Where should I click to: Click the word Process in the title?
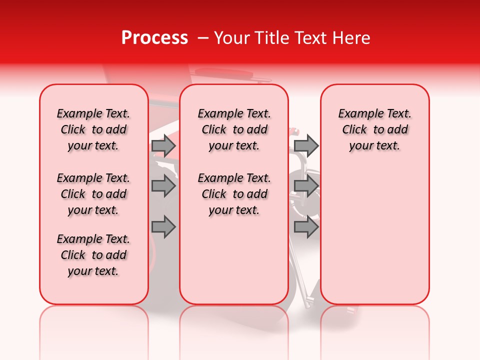[x=154, y=38]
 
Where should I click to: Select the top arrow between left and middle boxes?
[x=163, y=145]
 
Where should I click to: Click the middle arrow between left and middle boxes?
[x=163, y=186]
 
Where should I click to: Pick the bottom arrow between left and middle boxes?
[x=163, y=227]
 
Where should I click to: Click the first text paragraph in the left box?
[x=93, y=129]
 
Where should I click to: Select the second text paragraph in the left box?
[x=93, y=194]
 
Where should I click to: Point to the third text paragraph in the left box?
[x=93, y=255]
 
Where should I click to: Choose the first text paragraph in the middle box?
[x=234, y=129]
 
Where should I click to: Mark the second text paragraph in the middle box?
[x=234, y=194]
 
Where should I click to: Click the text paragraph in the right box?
[x=375, y=129]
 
